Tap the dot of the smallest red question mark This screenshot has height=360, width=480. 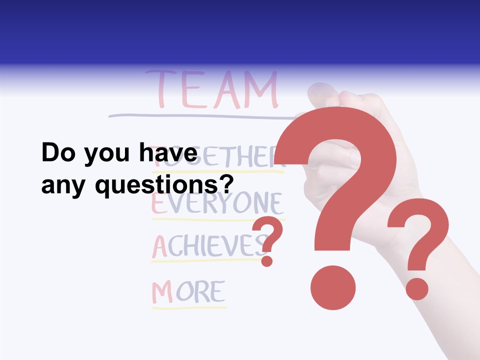pos(267,260)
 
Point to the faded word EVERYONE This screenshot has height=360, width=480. pos(217,204)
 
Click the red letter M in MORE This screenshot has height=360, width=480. pos(162,292)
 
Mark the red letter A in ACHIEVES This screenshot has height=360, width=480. pos(159,246)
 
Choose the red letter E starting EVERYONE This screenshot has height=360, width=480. pos(158,204)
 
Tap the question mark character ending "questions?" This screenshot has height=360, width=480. pos(226,185)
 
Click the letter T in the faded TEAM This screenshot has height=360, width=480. pos(159,90)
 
